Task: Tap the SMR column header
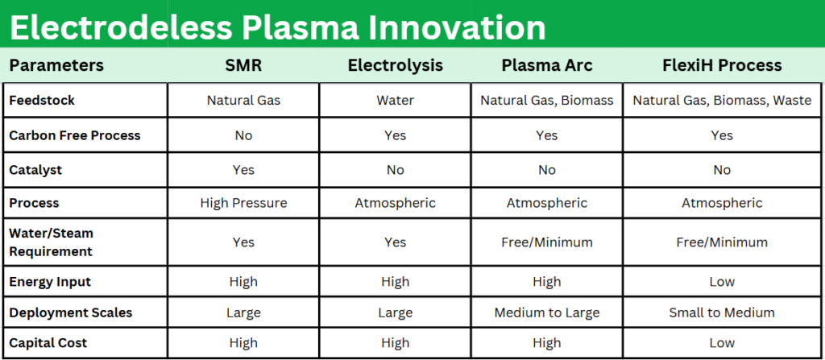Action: click(x=243, y=65)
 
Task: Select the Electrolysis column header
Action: click(x=395, y=65)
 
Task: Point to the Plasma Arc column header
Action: click(x=547, y=65)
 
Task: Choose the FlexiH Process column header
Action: click(x=722, y=65)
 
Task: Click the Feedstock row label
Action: click(x=42, y=100)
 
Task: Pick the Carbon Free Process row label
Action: click(x=75, y=135)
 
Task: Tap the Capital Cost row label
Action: click(x=48, y=342)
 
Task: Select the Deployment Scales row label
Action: click(x=71, y=312)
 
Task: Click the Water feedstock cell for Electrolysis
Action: click(x=395, y=100)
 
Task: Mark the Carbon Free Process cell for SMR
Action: click(x=243, y=135)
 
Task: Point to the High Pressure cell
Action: click(x=243, y=203)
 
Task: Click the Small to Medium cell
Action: click(x=722, y=312)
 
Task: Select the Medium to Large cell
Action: click(x=547, y=312)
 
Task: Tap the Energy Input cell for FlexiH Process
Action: click(x=722, y=282)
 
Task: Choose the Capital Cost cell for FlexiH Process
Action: click(x=722, y=342)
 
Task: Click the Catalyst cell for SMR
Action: click(x=243, y=169)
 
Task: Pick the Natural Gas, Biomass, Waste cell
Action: click(x=722, y=100)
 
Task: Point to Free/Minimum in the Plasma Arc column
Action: click(x=547, y=242)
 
